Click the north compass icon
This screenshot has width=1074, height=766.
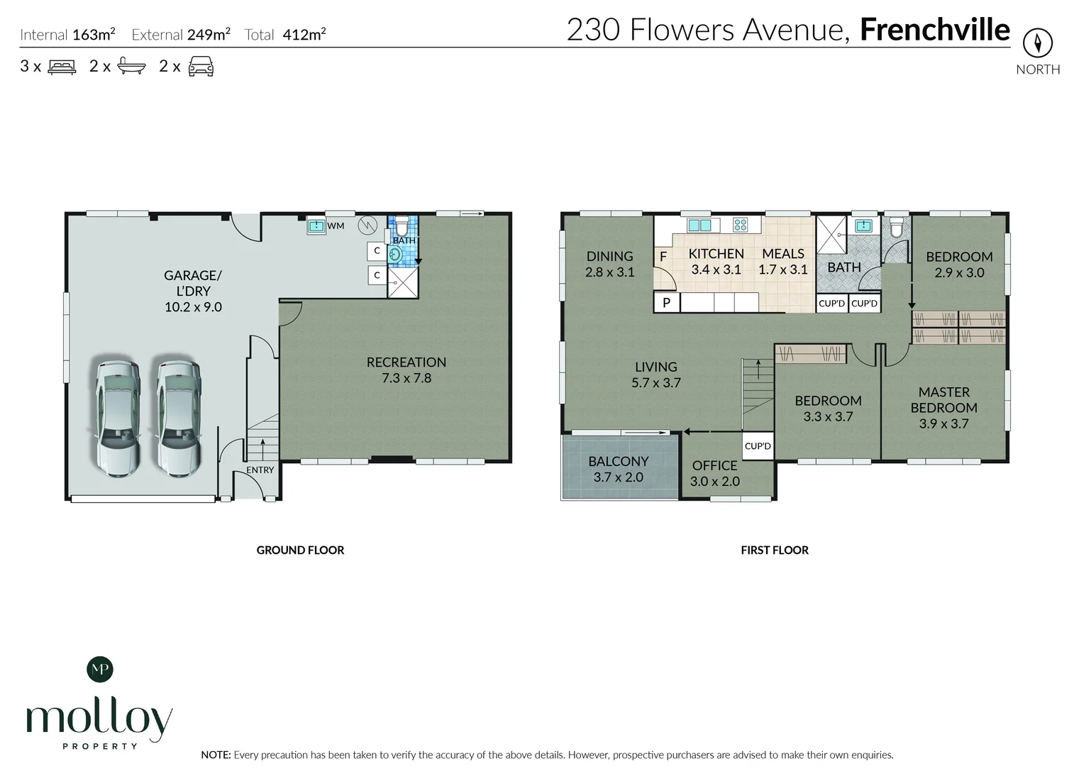(x=1037, y=44)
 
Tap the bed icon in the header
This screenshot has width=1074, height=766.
(x=62, y=67)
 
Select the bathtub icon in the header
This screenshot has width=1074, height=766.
(x=131, y=67)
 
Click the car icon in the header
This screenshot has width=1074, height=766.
(x=201, y=67)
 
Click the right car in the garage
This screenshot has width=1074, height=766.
(x=178, y=418)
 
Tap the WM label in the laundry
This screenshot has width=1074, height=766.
(x=336, y=226)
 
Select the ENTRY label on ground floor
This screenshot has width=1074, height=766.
(x=260, y=470)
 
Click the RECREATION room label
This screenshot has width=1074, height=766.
(x=406, y=362)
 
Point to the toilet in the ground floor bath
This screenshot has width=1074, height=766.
(x=401, y=226)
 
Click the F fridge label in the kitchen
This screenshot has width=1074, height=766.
(x=663, y=257)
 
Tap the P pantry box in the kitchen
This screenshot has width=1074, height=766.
(x=666, y=303)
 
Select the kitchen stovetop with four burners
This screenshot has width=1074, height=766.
(x=740, y=226)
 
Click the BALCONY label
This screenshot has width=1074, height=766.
(x=618, y=462)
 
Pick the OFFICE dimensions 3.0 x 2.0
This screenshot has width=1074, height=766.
(x=714, y=482)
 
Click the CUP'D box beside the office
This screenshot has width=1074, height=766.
(x=757, y=446)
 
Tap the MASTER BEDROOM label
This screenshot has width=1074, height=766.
(x=943, y=400)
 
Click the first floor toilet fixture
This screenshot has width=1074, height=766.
(x=897, y=226)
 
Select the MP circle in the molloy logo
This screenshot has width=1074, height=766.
(x=99, y=668)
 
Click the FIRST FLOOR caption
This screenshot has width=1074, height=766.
(x=774, y=550)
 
